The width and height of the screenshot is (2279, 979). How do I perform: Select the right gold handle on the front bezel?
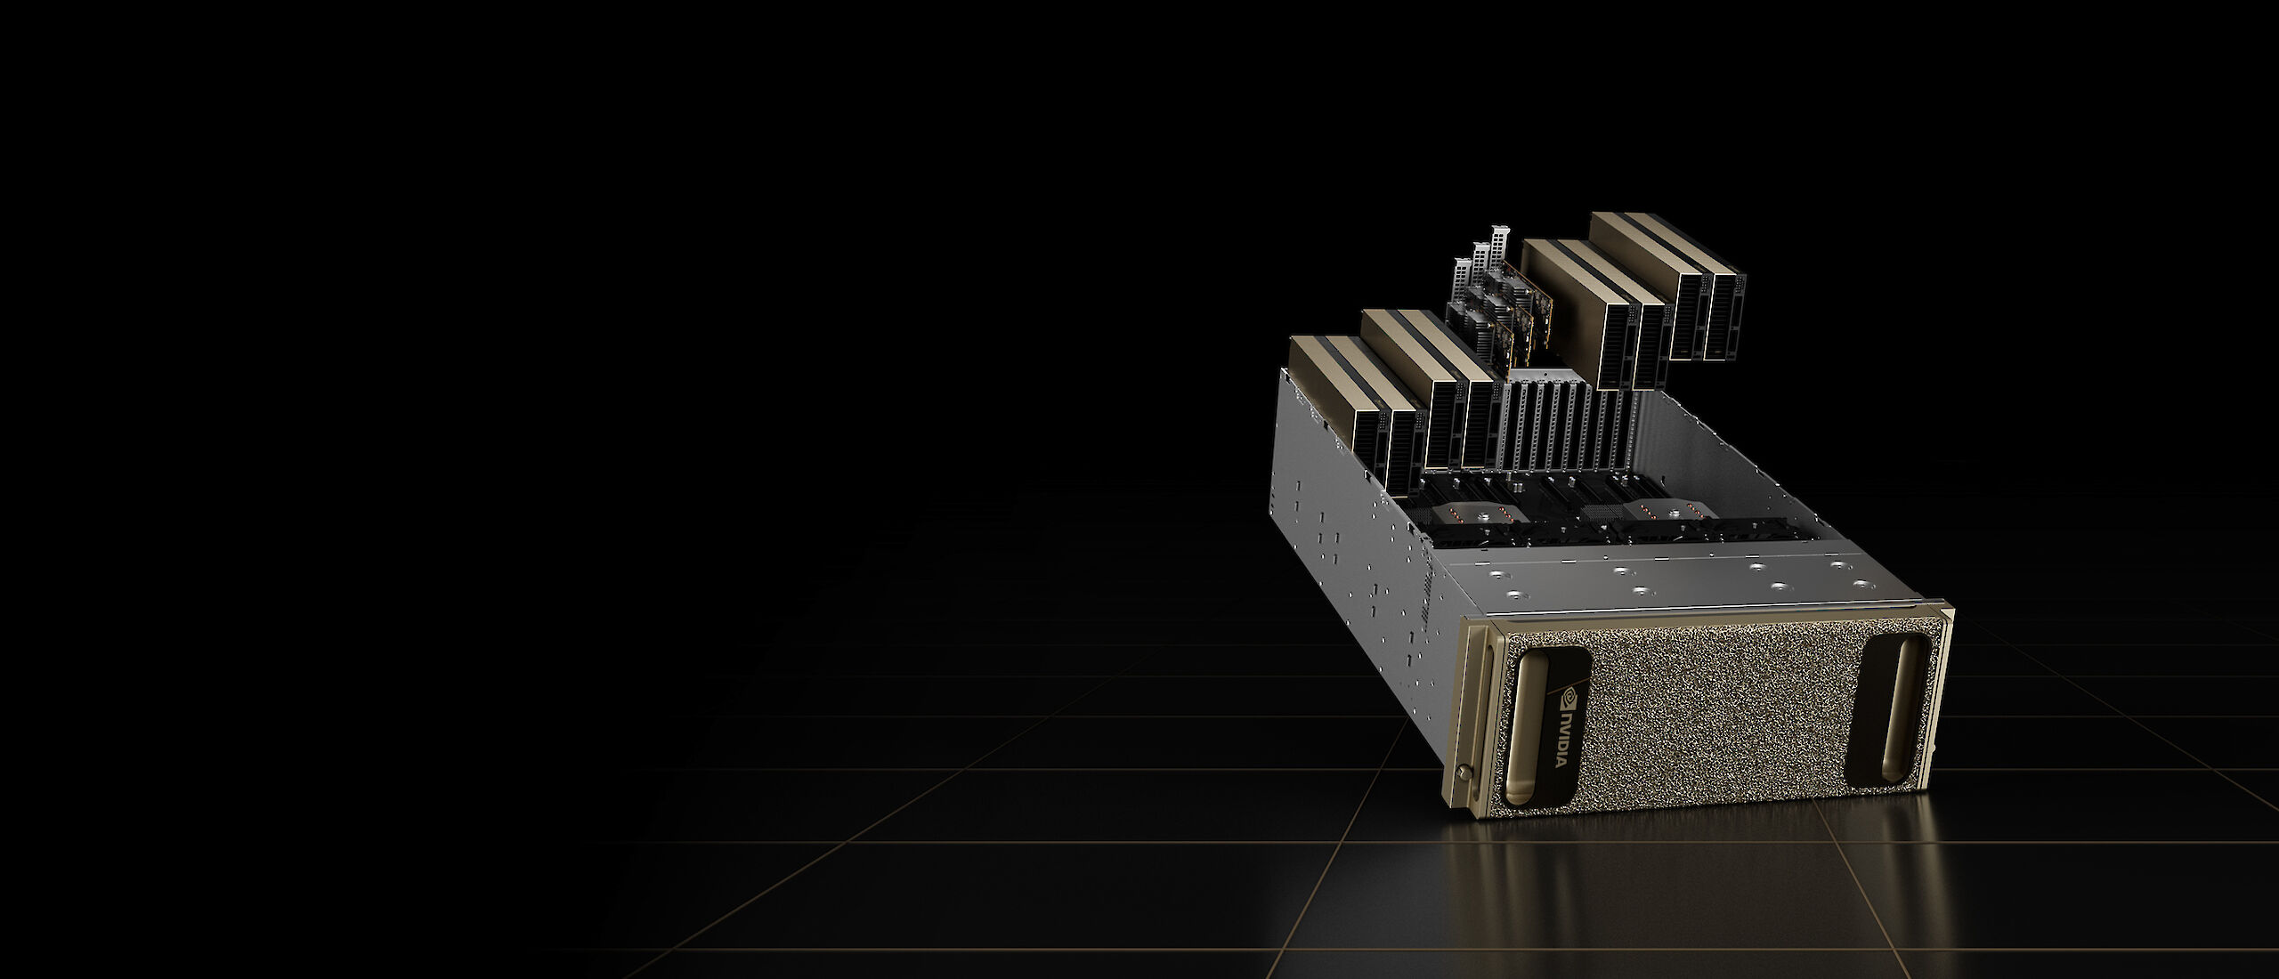[x=1883, y=721]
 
